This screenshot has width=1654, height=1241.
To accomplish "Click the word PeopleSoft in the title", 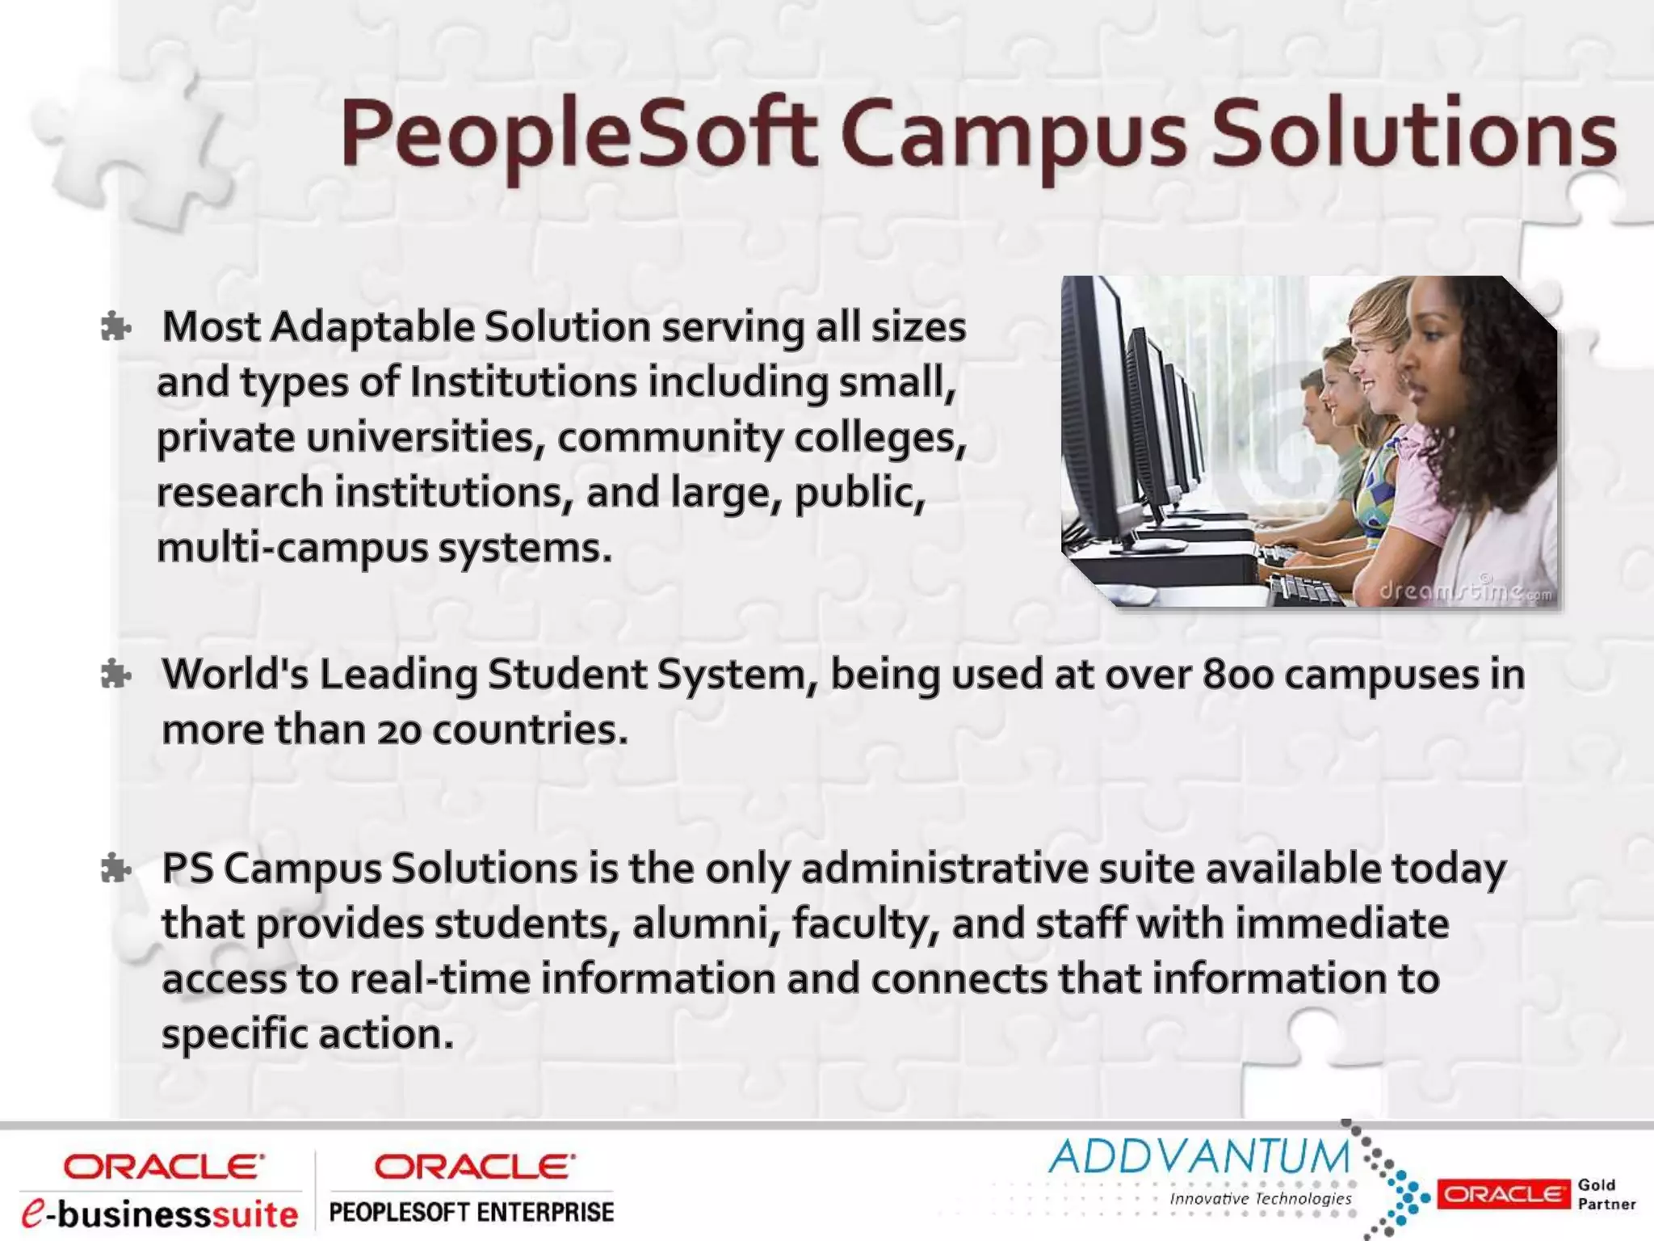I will (x=577, y=133).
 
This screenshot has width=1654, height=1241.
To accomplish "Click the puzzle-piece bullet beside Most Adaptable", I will (x=115, y=328).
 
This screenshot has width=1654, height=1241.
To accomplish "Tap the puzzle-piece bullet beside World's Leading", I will (x=115, y=675).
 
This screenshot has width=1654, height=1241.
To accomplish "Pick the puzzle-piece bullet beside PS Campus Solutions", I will (x=115, y=869).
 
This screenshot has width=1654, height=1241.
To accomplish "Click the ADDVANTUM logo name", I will (x=1199, y=1156).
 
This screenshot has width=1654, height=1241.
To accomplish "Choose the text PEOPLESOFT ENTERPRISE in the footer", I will (x=472, y=1212).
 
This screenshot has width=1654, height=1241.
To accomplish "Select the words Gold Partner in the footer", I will (x=1606, y=1193).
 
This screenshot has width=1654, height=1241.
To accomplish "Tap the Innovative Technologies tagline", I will (x=1260, y=1198).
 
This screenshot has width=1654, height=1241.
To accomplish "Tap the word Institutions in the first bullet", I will (x=523, y=382).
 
